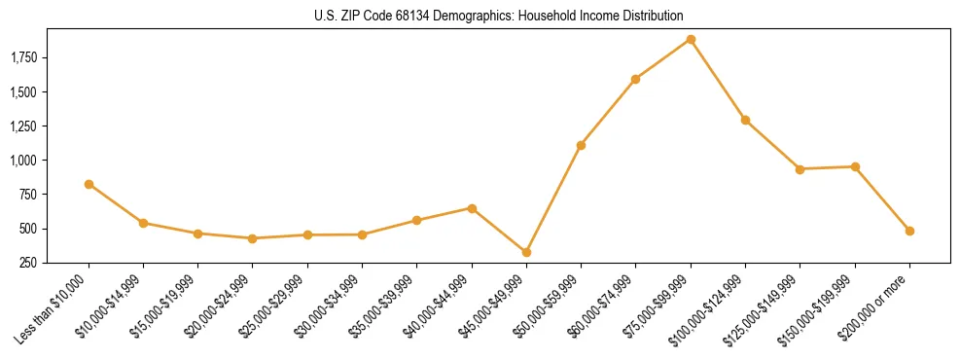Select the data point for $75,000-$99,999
tap(691, 40)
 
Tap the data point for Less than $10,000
tap(89, 184)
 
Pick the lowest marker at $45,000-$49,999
tap(526, 252)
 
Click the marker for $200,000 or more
tap(909, 231)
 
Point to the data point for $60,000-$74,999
tap(635, 79)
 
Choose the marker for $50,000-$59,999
tap(581, 145)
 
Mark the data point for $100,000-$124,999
tap(745, 120)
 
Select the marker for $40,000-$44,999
tap(472, 208)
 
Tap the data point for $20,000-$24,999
tap(253, 238)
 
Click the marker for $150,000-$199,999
tap(855, 166)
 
